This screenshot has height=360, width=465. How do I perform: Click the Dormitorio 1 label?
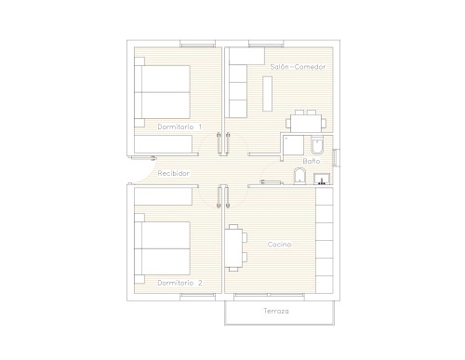[179, 127]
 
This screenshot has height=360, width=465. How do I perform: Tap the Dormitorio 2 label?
[179, 283]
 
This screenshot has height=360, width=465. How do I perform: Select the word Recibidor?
[174, 173]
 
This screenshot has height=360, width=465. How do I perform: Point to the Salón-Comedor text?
[298, 67]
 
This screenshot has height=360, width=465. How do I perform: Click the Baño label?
[312, 161]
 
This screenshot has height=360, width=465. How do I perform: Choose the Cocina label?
[279, 245]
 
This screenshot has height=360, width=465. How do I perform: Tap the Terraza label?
[276, 311]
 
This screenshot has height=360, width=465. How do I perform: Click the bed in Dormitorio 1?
[162, 92]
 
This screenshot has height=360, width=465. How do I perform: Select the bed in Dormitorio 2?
[162, 248]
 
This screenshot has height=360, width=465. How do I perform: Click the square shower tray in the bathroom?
[294, 145]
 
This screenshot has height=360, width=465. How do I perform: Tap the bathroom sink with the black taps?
[322, 179]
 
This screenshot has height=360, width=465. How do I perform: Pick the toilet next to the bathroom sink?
[299, 176]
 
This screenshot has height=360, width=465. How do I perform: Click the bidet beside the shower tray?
[317, 145]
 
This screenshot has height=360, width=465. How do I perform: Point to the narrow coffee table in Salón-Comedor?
[268, 93]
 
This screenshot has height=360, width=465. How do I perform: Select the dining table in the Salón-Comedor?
[306, 123]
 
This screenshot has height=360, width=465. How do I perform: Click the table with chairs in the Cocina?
[235, 247]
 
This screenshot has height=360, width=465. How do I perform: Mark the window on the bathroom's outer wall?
[336, 157]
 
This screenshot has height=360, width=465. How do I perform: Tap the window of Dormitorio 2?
[197, 296]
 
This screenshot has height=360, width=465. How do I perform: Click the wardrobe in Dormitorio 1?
[163, 144]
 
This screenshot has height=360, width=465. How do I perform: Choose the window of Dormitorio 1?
[197, 44]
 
